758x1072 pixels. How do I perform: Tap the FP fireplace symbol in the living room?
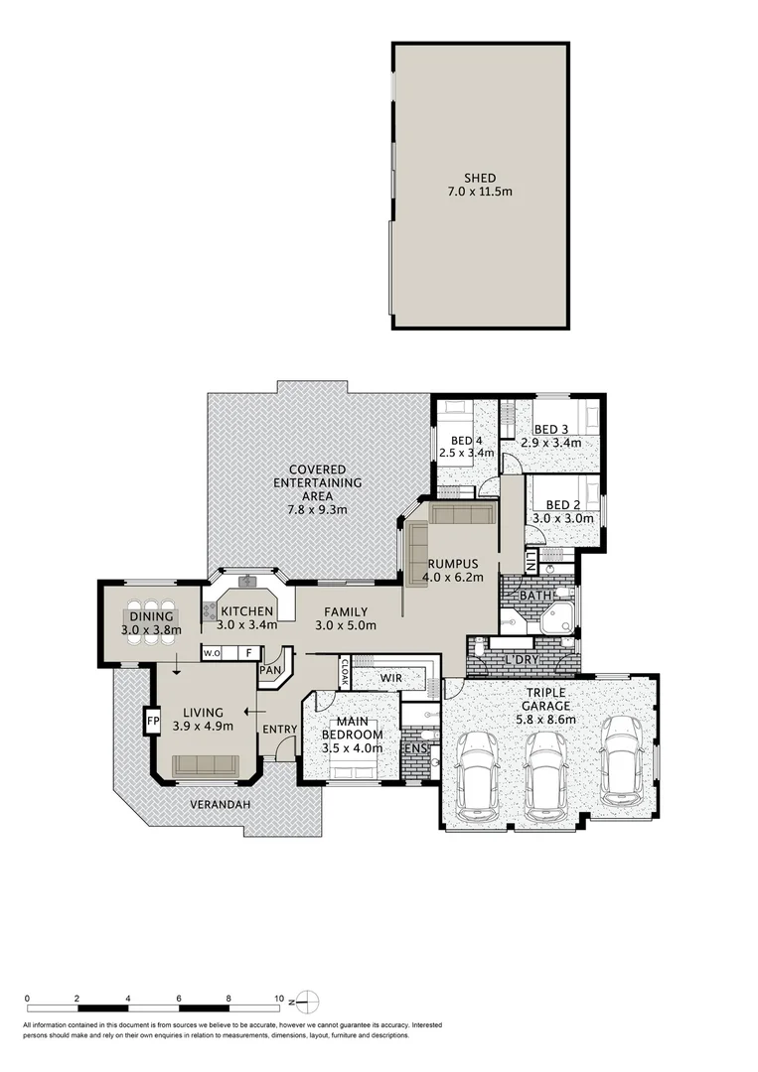click(154, 719)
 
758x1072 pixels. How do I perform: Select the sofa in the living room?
click(205, 764)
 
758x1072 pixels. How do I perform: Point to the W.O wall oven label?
click(211, 653)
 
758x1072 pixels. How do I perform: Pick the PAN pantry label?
click(269, 670)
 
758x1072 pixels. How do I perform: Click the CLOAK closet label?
click(345, 672)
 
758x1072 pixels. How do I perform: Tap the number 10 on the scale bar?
click(279, 999)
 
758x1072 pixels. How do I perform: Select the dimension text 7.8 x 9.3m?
click(318, 509)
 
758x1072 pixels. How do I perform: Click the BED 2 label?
click(563, 504)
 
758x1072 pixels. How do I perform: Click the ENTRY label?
click(279, 730)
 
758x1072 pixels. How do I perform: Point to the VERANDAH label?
click(221, 804)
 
